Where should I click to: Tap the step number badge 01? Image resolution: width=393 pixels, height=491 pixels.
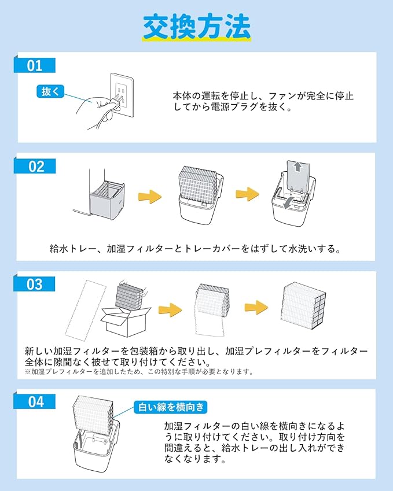click(x=35, y=65)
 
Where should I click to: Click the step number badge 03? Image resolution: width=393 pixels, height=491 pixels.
click(x=35, y=284)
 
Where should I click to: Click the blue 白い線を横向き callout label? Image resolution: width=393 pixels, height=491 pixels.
click(x=171, y=407)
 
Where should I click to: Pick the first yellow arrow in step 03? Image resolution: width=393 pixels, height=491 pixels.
click(x=170, y=310)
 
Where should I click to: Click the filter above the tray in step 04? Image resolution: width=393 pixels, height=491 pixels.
click(x=93, y=416)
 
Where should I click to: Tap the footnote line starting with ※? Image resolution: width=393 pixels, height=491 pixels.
click(x=139, y=372)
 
